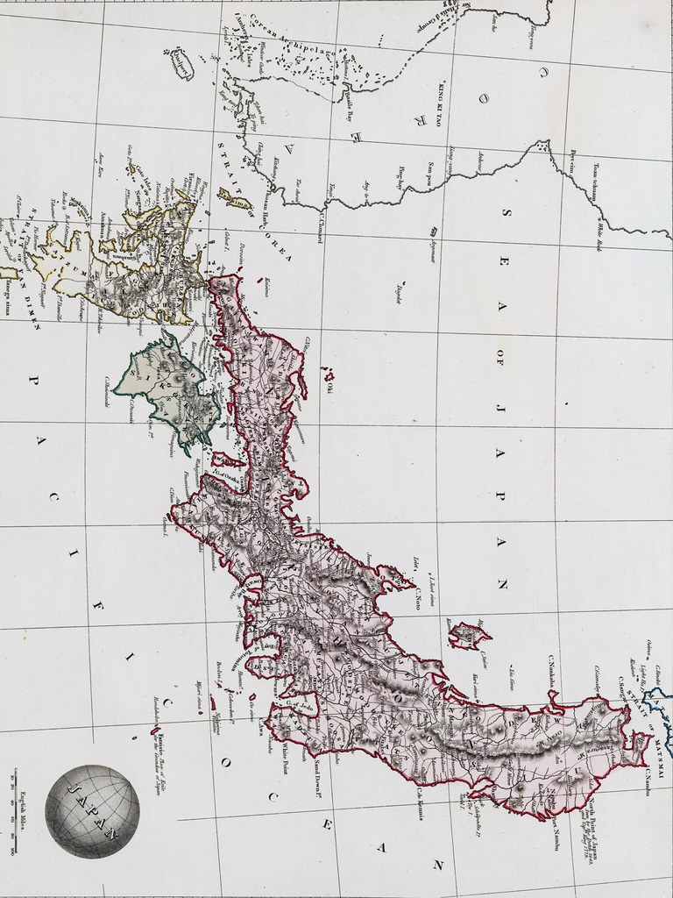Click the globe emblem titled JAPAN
pyautogui.click(x=92, y=811)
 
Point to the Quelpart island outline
pyautogui.click(x=182, y=64)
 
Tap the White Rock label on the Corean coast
pyautogui.click(x=604, y=228)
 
